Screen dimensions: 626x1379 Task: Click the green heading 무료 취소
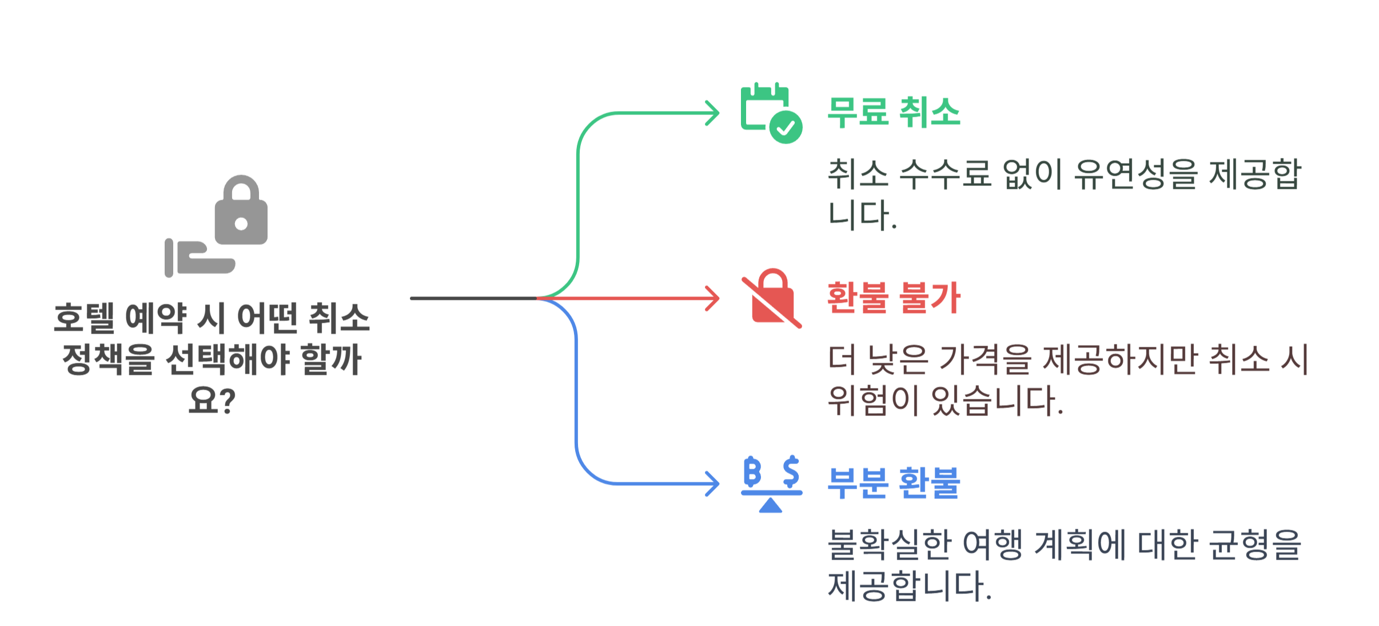coord(894,112)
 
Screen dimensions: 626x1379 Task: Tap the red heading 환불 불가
coord(894,298)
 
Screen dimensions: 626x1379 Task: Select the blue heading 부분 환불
coord(894,483)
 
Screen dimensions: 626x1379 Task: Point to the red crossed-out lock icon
coord(772,298)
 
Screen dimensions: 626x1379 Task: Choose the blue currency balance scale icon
coord(771,484)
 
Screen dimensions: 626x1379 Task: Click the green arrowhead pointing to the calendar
coord(712,113)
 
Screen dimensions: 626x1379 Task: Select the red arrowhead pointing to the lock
coord(712,299)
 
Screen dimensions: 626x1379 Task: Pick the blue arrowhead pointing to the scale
coord(712,484)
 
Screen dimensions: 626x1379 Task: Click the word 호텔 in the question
coord(84,318)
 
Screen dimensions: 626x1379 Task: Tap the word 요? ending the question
coord(212,400)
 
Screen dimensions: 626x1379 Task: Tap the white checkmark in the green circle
coord(786,127)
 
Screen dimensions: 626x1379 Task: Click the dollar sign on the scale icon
coord(791,472)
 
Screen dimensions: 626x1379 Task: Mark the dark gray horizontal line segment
coord(473,298)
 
